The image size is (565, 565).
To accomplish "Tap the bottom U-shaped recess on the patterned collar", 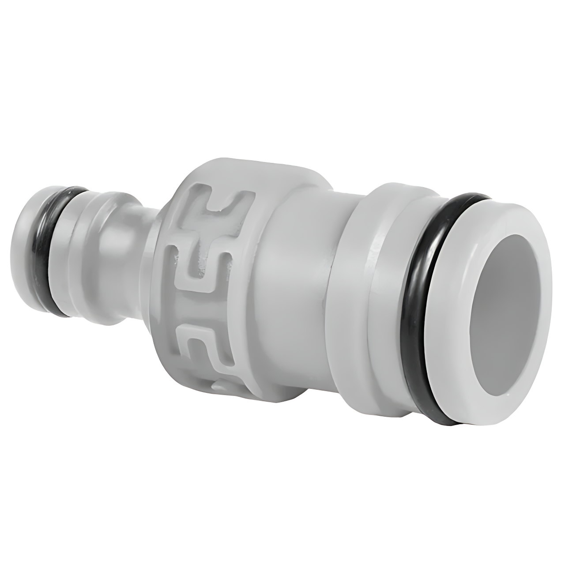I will click(x=199, y=340).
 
